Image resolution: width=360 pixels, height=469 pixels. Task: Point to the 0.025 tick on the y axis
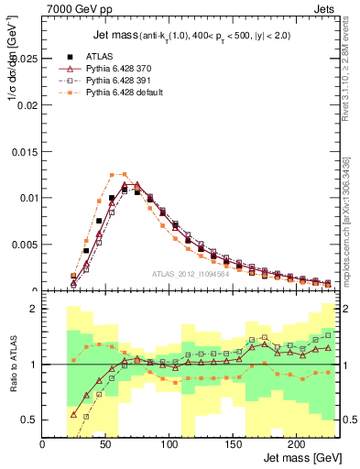point(25,58)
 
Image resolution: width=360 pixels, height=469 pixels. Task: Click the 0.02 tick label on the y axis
point(27,104)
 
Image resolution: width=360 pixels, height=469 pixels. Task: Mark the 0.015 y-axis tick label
point(25,151)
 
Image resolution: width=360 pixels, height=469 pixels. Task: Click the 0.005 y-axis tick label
point(25,245)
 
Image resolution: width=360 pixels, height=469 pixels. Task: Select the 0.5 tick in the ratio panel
point(29,420)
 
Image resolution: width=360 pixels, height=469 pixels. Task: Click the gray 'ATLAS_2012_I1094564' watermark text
point(191,274)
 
